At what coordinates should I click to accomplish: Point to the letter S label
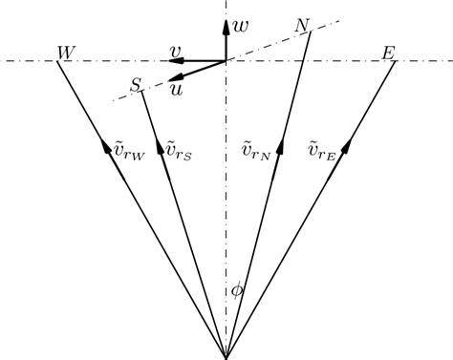coord(136,86)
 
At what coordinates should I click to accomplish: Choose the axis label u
coord(176,88)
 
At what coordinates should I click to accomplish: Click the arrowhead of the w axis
coord(226,23)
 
